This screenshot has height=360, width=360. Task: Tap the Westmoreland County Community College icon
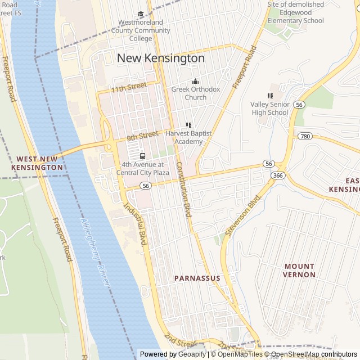[141, 15]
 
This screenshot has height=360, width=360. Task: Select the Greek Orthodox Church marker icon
[195, 82]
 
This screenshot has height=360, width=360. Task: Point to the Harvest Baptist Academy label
[184, 138]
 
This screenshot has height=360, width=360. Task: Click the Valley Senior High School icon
[270, 96]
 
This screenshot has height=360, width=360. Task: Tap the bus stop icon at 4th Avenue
[142, 156]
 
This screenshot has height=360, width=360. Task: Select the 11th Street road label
[128, 87]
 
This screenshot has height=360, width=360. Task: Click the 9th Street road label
[142, 136]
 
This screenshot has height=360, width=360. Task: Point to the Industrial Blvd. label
[138, 224]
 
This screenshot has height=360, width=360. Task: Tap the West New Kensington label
[37, 163]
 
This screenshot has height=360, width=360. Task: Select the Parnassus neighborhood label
[197, 278]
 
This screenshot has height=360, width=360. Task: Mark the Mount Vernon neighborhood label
[299, 270]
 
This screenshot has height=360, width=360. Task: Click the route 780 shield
[305, 137]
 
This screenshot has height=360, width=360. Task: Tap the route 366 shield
[277, 176]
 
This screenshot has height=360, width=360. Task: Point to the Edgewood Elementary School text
[295, 12]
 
